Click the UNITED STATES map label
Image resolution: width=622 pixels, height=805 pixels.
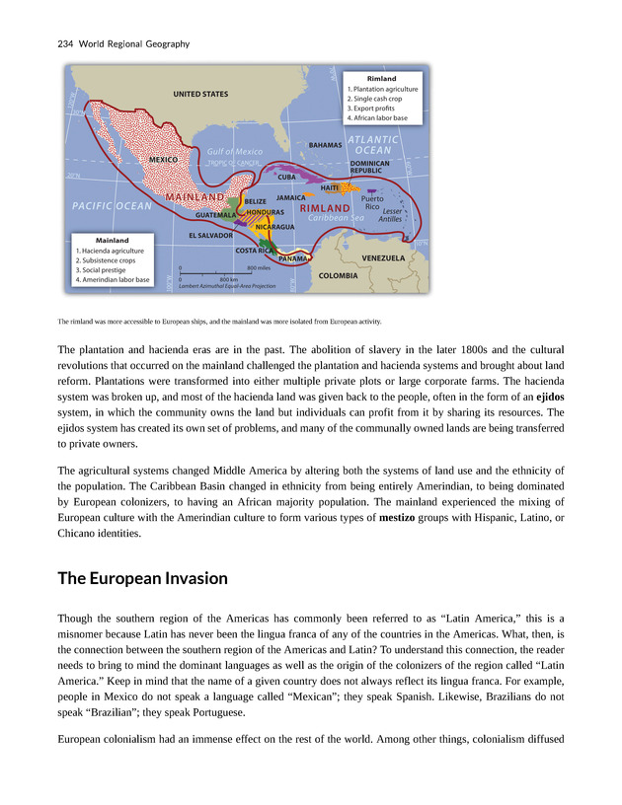click(x=200, y=94)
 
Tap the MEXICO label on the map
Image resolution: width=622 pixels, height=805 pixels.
click(x=163, y=159)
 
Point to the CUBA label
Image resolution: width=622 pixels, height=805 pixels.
click(x=287, y=177)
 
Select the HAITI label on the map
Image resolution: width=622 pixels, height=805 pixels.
click(x=331, y=186)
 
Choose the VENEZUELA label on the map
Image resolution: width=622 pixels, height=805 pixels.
click(x=384, y=257)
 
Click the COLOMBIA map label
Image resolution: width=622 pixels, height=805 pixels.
click(x=338, y=276)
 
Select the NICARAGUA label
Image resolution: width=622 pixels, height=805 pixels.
click(x=275, y=228)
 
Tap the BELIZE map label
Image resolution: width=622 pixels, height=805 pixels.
click(x=256, y=201)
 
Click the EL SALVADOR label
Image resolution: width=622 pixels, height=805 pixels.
click(x=210, y=236)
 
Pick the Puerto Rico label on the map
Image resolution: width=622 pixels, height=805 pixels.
click(x=371, y=202)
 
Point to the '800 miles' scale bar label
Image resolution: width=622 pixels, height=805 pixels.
click(x=258, y=267)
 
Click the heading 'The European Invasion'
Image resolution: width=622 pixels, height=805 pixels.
click(x=142, y=578)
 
